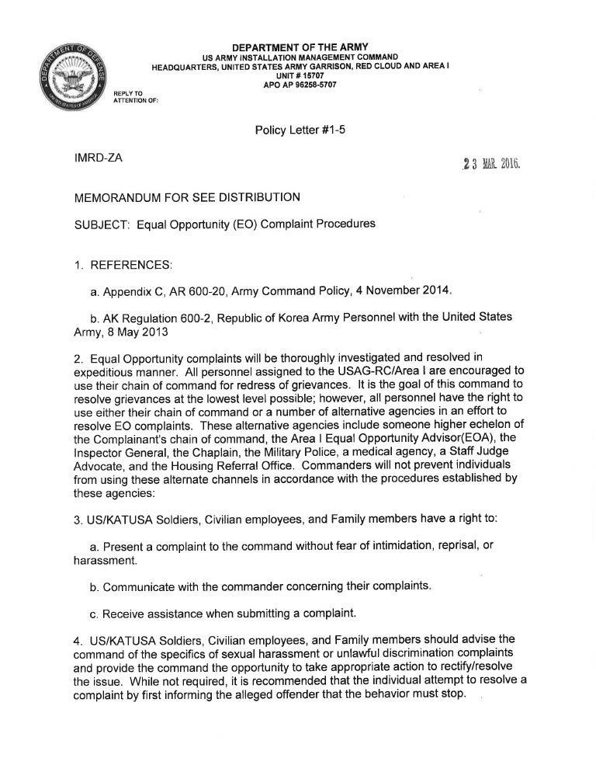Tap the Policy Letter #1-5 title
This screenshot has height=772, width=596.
click(x=299, y=130)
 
